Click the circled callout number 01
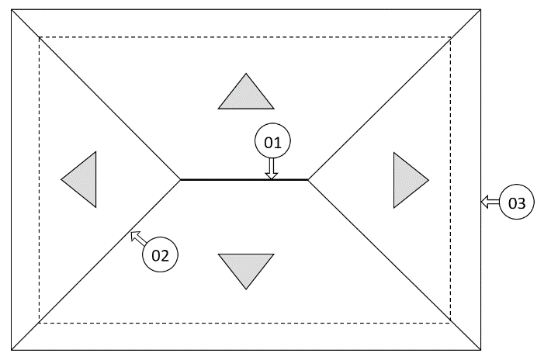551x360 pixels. [272, 142]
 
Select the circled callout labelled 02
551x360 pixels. [160, 254]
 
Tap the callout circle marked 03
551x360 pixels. [517, 203]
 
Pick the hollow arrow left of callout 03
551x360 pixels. [489, 202]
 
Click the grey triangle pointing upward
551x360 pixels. [246, 94]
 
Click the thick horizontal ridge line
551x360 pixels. [233, 179]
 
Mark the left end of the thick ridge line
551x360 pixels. [181, 179]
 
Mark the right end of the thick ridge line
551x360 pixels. [308, 179]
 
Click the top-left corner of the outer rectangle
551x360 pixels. [12, 9]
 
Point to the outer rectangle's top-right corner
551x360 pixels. [479, 9]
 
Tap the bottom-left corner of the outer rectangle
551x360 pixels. [12, 350]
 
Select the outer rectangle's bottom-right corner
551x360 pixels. [479, 350]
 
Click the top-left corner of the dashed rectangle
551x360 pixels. [40, 36]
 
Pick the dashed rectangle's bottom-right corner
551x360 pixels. [451, 324]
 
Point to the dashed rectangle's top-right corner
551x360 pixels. [451, 36]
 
